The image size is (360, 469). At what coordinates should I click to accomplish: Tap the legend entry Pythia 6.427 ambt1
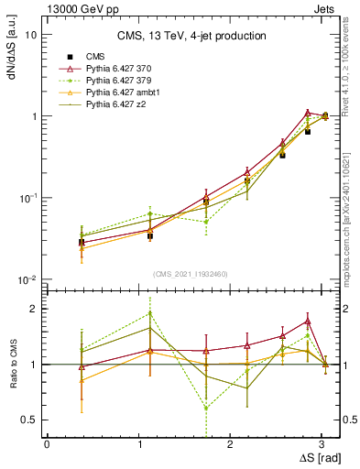(127, 93)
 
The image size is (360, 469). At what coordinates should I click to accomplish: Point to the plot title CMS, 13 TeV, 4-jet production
(191, 37)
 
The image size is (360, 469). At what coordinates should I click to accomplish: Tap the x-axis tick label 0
(47, 444)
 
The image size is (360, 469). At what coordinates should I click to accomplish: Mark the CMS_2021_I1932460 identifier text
(191, 274)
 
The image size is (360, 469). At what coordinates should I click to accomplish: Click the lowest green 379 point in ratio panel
(206, 408)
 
